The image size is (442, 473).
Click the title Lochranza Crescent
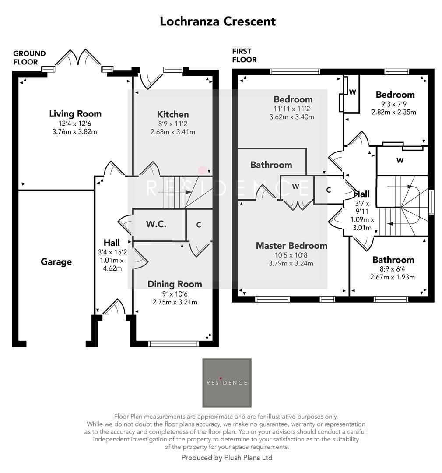coord(217,21)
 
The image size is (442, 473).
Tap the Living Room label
coord(75,114)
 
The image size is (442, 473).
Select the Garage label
coord(56,262)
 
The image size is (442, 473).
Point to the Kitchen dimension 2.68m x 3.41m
coord(173,132)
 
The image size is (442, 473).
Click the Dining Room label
coord(175,284)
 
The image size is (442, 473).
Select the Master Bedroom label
coord(291,246)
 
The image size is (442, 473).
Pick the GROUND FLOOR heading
coord(29,58)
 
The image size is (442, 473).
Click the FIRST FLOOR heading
coord(244,56)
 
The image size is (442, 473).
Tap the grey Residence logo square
coord(227,383)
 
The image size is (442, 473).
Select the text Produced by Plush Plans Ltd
coord(227,458)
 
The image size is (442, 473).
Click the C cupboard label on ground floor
coord(199,225)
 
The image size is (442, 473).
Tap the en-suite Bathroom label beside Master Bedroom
coord(271,165)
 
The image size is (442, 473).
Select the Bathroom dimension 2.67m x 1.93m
coord(393,277)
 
